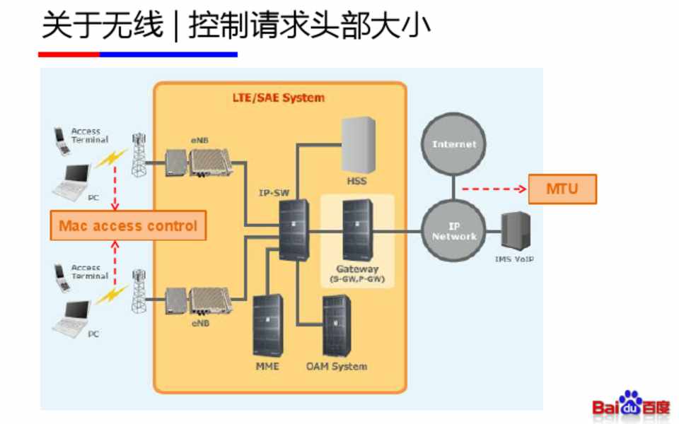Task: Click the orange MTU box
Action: [562, 189]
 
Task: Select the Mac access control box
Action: [128, 226]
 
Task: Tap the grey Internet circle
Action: [454, 144]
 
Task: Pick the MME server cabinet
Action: [267, 325]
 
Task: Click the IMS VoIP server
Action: [515, 231]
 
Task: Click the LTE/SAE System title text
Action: [279, 98]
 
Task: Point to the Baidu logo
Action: [631, 404]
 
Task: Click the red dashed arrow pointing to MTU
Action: [494, 189]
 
